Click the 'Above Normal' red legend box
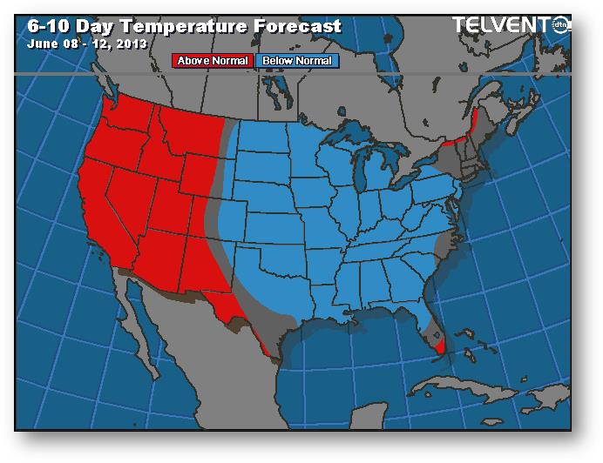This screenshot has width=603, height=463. (213, 61)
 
